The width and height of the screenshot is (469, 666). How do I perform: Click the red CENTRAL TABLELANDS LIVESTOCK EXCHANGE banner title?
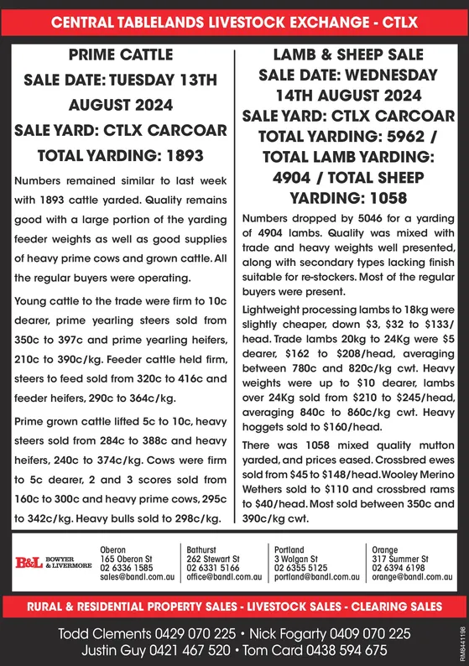[x=235, y=23]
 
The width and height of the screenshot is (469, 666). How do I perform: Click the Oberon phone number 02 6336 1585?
[x=126, y=568]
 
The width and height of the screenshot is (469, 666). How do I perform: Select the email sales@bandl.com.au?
[x=138, y=577]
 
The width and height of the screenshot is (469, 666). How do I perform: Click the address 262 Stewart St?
[x=213, y=558]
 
